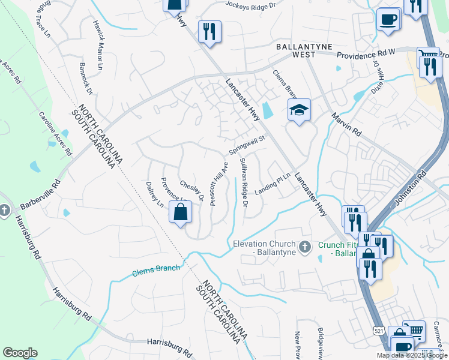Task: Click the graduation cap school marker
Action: pyautogui.click(x=298, y=110)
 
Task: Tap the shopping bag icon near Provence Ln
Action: pyautogui.click(x=180, y=212)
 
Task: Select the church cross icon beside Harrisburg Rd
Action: pyautogui.click(x=4, y=210)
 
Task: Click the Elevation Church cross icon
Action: pyautogui.click(x=305, y=246)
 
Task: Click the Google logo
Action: pyautogui.click(x=20, y=353)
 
